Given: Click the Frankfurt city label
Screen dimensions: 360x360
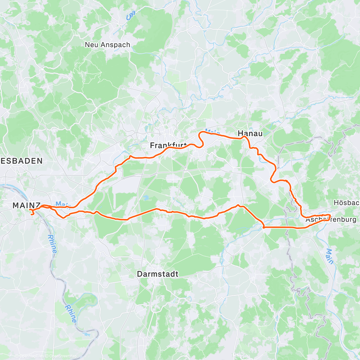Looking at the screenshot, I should tap(168, 146).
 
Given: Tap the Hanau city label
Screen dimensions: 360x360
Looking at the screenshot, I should tap(250, 133).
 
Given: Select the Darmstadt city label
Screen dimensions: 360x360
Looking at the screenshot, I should tap(157, 274).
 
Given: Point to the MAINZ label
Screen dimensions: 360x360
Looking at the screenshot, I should tap(26, 205).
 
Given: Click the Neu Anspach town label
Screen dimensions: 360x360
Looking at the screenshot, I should tap(107, 45).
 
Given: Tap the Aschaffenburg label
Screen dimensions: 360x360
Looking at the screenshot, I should tap(331, 220).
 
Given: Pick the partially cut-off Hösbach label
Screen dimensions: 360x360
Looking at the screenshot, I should tap(346, 203).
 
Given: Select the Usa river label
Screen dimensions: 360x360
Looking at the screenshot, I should tap(130, 16).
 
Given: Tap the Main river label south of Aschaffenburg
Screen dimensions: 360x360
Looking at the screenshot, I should tap(330, 256).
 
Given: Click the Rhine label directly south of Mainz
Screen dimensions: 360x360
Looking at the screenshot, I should tap(52, 244).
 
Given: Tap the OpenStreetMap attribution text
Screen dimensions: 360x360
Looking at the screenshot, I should tap(63, 356).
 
